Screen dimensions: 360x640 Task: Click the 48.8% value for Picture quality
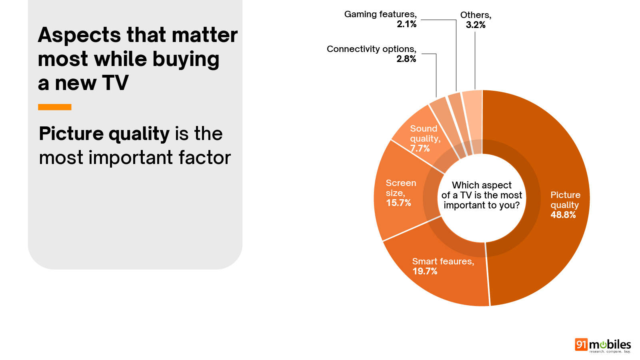563,215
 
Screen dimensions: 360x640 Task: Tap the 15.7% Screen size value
398,203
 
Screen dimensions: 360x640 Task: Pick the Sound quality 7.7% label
425,138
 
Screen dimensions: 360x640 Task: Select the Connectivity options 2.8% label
371,54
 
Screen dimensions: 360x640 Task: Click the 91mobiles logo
602,345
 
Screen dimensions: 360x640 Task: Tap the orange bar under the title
54,107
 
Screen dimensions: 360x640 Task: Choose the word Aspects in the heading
79,35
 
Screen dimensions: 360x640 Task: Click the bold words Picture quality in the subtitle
104,134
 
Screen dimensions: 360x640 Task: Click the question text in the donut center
482,195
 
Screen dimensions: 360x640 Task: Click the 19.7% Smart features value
425,271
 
